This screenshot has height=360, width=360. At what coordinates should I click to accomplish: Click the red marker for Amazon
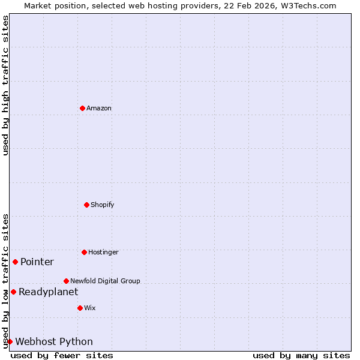pyautogui.click(x=82, y=108)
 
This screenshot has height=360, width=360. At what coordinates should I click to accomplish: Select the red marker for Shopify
pyautogui.click(x=86, y=205)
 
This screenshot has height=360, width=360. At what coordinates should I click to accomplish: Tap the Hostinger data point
pyautogui.click(x=84, y=252)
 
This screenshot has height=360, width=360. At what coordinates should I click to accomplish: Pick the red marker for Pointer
pyautogui.click(x=16, y=262)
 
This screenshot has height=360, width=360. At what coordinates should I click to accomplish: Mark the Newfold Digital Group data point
pyautogui.click(x=66, y=281)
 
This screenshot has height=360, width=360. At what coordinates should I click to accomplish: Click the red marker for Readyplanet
pyautogui.click(x=13, y=292)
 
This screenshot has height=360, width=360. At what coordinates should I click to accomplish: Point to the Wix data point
pyautogui.click(x=80, y=308)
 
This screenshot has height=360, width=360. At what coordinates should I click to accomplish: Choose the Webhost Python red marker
pyautogui.click(x=10, y=341)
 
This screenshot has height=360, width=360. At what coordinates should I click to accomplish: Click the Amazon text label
pyautogui.click(x=99, y=108)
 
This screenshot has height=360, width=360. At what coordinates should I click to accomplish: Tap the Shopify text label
pyautogui.click(x=103, y=205)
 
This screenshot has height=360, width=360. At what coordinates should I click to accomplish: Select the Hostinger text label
pyautogui.click(x=103, y=252)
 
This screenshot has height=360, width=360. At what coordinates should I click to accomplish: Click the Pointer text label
pyautogui.click(x=37, y=262)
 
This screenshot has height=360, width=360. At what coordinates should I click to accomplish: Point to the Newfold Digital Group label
pyautogui.click(x=105, y=281)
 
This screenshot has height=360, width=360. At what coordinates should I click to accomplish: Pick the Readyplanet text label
pyautogui.click(x=48, y=292)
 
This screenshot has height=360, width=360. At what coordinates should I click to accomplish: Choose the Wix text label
pyautogui.click(x=90, y=308)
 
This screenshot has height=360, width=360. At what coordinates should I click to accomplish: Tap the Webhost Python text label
pyautogui.click(x=54, y=341)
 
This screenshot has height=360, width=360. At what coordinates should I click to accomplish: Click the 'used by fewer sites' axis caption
pyautogui.click(x=62, y=355)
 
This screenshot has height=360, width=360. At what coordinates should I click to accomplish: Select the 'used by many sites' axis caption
pyautogui.click(x=301, y=355)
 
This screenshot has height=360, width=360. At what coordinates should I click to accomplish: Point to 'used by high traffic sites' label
pyautogui.click(x=5, y=85)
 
